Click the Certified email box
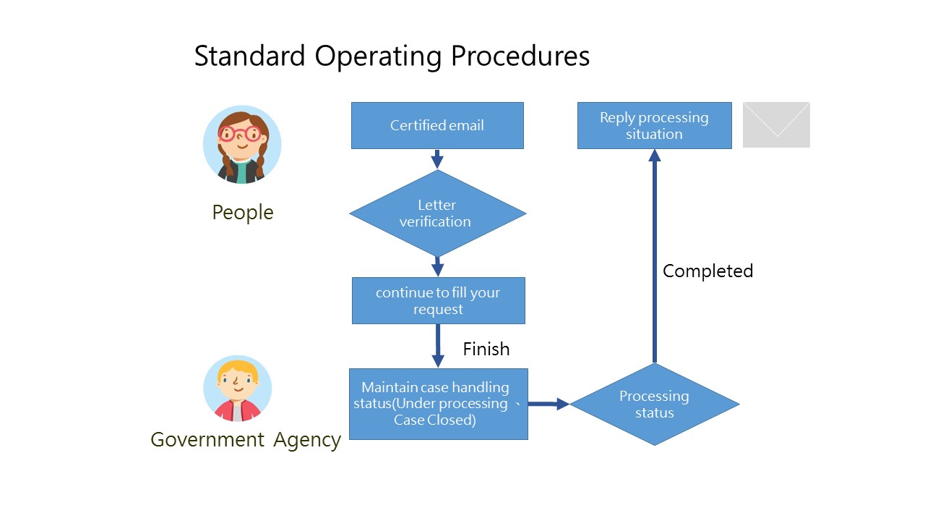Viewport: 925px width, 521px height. coord(437,125)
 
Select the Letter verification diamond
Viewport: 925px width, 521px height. coord(437,213)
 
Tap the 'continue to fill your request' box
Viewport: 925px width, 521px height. coord(438,300)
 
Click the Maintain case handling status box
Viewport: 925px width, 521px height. coord(438,404)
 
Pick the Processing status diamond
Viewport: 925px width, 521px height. coord(654,404)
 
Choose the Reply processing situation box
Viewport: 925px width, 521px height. coord(654,125)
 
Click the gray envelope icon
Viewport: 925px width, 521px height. coord(776,124)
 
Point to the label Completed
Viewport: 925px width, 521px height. coord(707,271)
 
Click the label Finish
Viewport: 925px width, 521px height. coord(486,349)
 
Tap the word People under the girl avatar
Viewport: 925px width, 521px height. coord(243,212)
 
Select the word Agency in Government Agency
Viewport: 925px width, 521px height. coord(307,439)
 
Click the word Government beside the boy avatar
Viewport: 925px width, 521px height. coord(207,439)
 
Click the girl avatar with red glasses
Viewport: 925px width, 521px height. coord(242,145)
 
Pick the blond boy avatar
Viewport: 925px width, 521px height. coord(237,389)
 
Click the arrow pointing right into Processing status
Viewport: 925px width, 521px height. coord(548,404)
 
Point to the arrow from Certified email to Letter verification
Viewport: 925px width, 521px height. coord(437,158)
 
